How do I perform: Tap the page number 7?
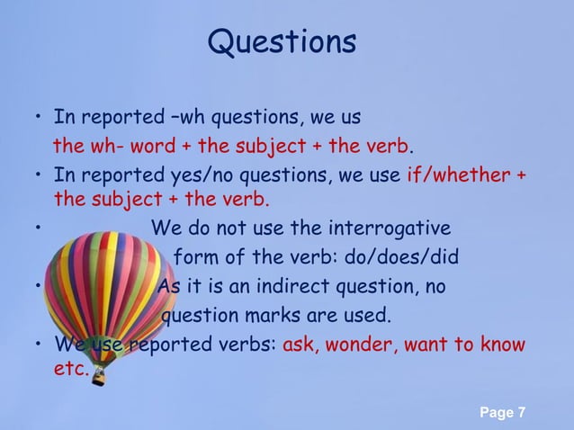[x=522, y=413]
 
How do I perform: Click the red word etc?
[x=70, y=369]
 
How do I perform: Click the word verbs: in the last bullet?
[x=249, y=345]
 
